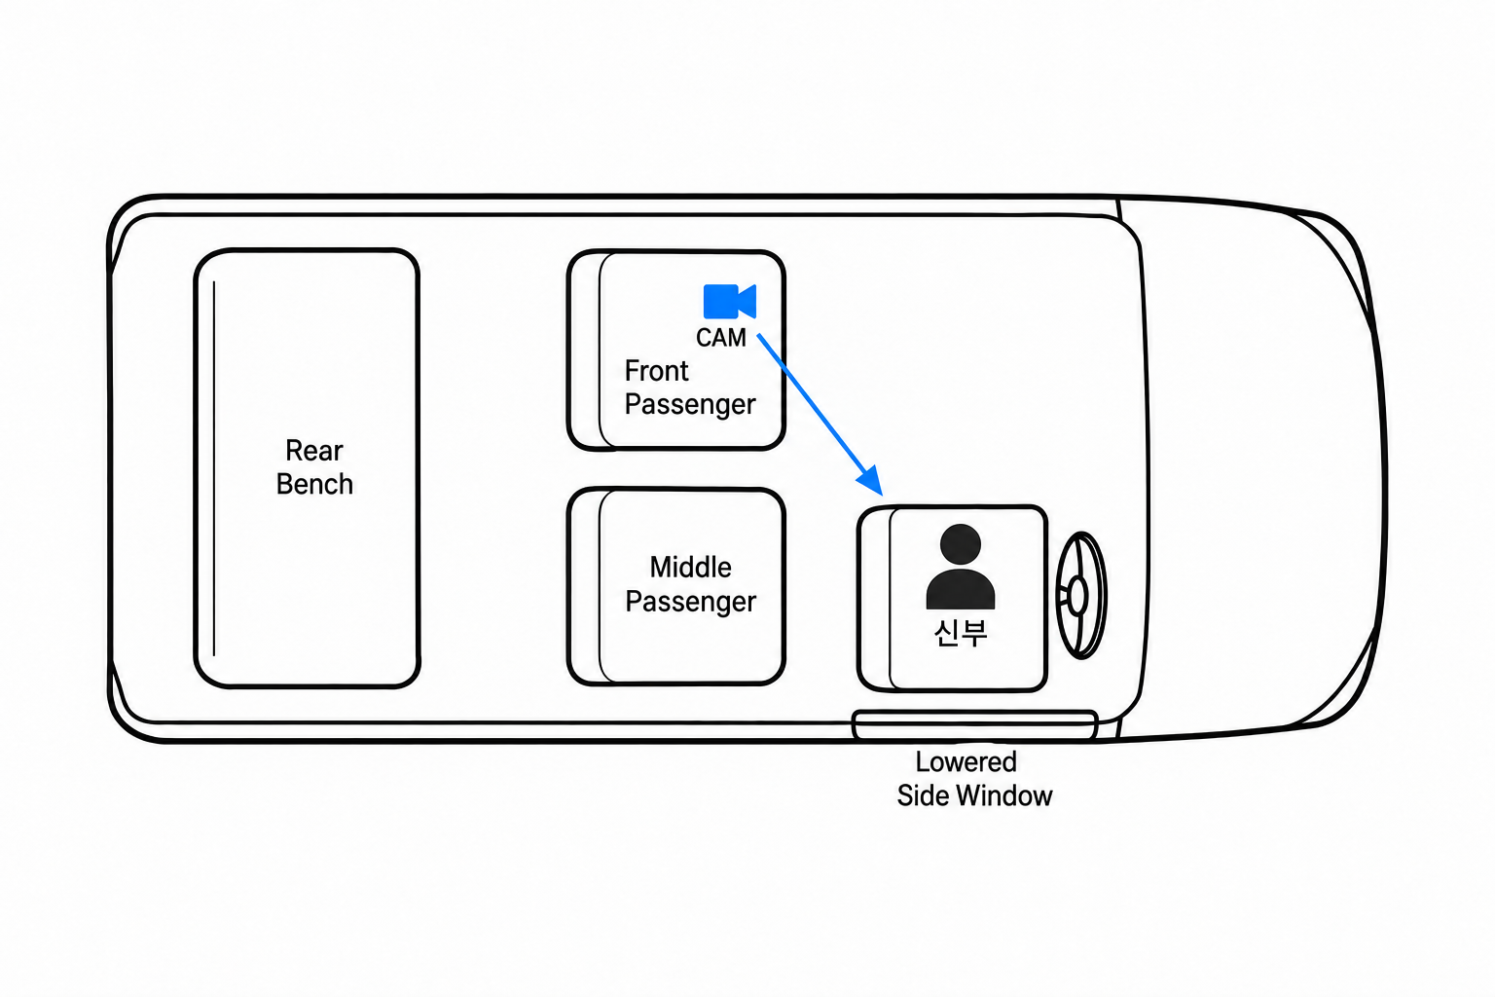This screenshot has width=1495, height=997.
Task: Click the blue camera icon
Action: click(729, 301)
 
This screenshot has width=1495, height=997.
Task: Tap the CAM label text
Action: click(721, 338)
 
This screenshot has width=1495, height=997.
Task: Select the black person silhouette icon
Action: click(961, 567)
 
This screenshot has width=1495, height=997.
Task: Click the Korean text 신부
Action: click(961, 633)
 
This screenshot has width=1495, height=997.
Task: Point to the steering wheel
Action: click(1080, 595)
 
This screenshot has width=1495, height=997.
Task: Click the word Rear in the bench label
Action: click(313, 451)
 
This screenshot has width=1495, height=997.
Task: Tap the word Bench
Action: click(314, 484)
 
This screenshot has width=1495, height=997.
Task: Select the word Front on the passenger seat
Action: click(656, 371)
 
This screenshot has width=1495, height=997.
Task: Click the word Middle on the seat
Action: click(690, 568)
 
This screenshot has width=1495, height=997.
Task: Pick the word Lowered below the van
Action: click(966, 762)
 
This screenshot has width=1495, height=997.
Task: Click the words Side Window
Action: click(974, 796)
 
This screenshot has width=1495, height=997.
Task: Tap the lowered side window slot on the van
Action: click(974, 725)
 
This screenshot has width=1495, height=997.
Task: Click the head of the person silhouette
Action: click(961, 544)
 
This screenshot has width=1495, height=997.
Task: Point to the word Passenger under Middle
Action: click(690, 602)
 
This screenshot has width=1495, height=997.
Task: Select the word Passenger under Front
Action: click(689, 405)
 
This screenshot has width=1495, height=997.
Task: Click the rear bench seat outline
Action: click(195, 467)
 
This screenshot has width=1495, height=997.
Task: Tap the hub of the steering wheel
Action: click(1077, 595)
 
